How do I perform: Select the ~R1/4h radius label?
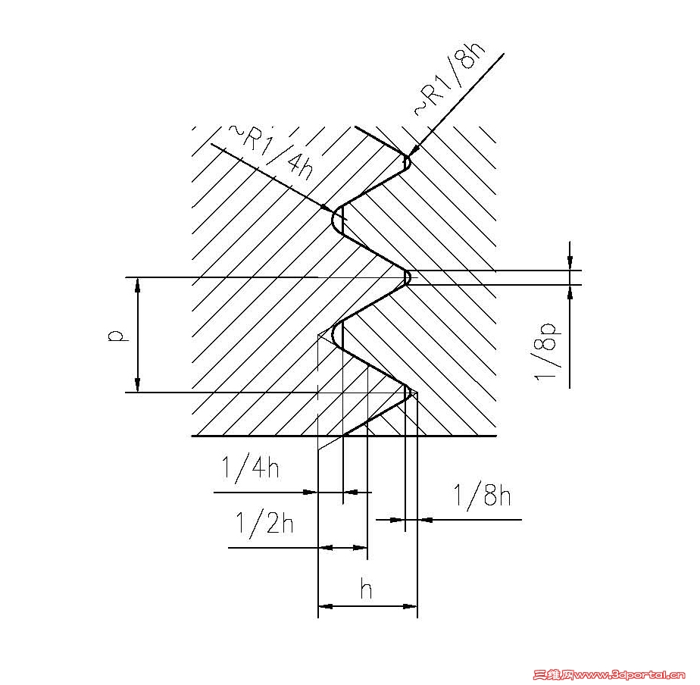(271, 152)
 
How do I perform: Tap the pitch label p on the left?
(117, 336)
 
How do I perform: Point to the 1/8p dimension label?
(546, 352)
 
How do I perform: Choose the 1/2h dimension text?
(264, 523)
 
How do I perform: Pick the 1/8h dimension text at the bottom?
(482, 495)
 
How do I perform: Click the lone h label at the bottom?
(366, 589)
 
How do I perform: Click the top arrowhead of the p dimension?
(138, 283)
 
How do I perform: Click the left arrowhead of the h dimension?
(325, 606)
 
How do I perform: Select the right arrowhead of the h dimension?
(411, 606)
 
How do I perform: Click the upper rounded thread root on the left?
(336, 219)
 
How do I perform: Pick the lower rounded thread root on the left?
(336, 336)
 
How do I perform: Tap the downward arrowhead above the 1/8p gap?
(570, 263)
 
